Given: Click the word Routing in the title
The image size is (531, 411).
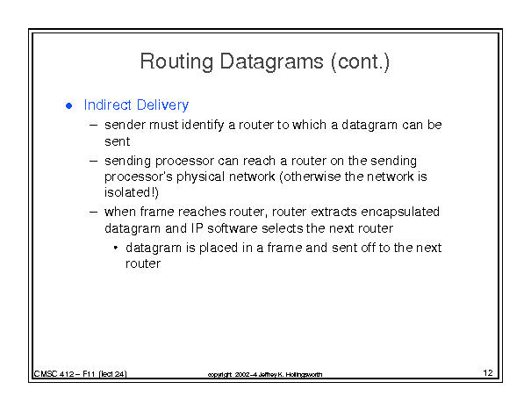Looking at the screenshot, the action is pyautogui.click(x=176, y=62).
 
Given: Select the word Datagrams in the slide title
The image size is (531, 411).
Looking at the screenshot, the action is pyautogui.click(x=271, y=62).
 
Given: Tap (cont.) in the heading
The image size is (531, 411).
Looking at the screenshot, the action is pyautogui.click(x=361, y=62).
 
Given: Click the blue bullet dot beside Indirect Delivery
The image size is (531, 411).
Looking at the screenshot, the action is pyautogui.click(x=69, y=106).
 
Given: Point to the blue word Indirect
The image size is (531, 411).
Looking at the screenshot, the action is pyautogui.click(x=108, y=105).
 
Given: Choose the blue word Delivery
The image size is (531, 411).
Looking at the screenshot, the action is pyautogui.click(x=163, y=105).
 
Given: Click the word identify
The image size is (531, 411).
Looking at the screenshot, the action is pyautogui.click(x=203, y=126).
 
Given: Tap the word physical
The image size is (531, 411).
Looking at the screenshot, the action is pyautogui.click(x=200, y=177).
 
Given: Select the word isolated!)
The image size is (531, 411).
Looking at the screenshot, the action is pyautogui.click(x=132, y=192).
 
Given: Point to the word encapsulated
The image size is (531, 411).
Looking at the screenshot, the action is pyautogui.click(x=400, y=213).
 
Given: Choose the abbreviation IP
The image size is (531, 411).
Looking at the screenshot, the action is pyautogui.click(x=197, y=228).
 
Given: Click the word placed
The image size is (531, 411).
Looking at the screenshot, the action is pyautogui.click(x=219, y=248).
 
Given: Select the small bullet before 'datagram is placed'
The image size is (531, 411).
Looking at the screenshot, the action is pyautogui.click(x=116, y=248).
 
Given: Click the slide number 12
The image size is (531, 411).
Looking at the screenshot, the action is pyautogui.click(x=488, y=372).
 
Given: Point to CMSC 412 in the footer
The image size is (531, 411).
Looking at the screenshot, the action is pyautogui.click(x=54, y=374).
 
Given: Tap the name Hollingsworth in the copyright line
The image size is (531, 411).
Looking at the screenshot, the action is pyautogui.click(x=304, y=374).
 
